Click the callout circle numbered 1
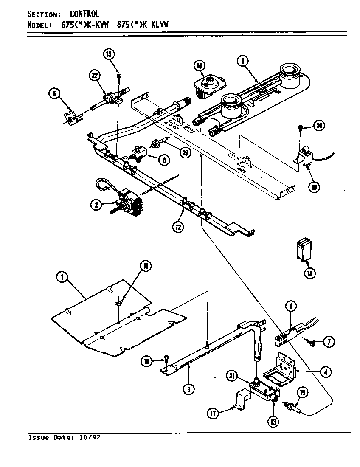[62, 278]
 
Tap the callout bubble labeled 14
[199, 65]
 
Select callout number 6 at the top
[242, 61]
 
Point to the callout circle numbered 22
[94, 76]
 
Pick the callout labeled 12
[178, 227]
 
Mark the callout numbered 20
[320, 125]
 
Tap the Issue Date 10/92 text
[64, 438]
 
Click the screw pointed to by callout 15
[119, 76]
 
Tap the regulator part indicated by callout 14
[207, 84]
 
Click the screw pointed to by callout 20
[301, 127]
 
